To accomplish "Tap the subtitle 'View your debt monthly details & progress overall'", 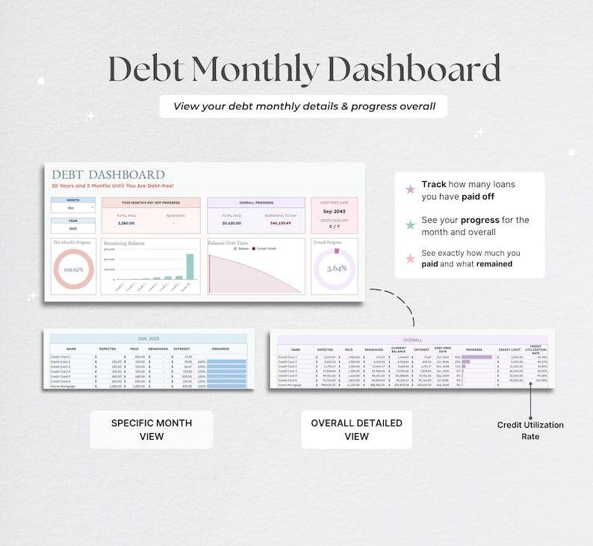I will pos(304,106).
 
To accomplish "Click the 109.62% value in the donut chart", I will pos(72,269).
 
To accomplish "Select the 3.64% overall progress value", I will pos(335,269).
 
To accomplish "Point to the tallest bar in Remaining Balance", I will pos(190,267).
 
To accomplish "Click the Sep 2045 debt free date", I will pos(334,211).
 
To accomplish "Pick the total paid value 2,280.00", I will pos(126,223).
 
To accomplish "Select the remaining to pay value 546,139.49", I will pos(279,223).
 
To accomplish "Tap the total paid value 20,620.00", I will pos(232,223).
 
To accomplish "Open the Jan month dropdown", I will pos(73,208).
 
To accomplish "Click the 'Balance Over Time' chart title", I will pos(229,243).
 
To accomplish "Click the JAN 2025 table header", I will pos(148,339).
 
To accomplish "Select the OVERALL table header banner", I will pos(412,340).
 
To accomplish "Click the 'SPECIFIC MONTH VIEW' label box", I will pos(152,429).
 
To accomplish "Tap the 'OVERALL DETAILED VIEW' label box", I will pos(356,429).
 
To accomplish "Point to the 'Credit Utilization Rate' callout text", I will pos(530,430).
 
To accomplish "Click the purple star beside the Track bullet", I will pos(409,189).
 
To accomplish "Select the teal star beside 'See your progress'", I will pos(409,224).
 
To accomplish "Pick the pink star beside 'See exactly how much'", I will pos(409,259).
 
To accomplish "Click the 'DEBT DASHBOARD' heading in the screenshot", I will pos(108,175).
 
